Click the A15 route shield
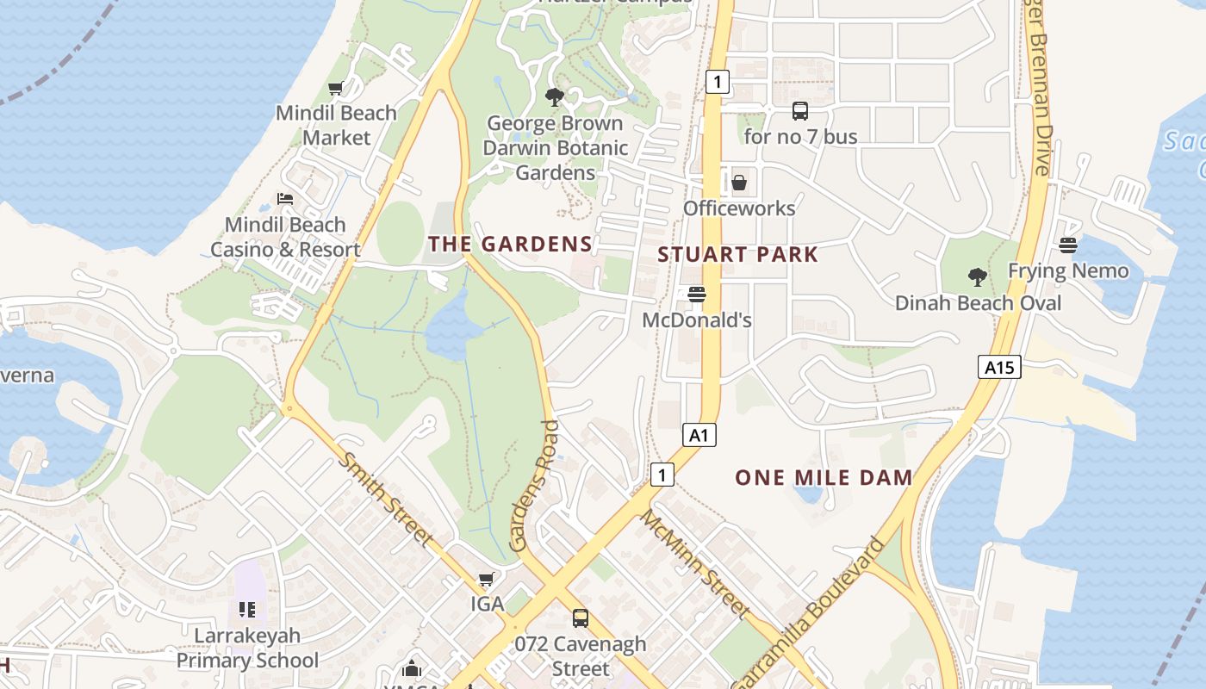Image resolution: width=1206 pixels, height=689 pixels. tap(999, 368)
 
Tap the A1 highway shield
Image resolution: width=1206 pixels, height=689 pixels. tap(699, 435)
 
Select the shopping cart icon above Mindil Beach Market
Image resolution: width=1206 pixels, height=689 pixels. tap(335, 89)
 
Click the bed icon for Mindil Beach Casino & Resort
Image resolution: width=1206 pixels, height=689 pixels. tap(285, 199)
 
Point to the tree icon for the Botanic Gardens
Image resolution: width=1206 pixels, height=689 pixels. tap(555, 97)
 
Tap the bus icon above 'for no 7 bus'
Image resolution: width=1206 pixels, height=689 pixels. tap(800, 111)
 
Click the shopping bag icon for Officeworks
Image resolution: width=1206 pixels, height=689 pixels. tap(738, 183)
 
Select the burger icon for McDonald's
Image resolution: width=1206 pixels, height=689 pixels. tap(697, 295)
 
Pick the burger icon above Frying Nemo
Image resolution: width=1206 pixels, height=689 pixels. tap(1068, 245)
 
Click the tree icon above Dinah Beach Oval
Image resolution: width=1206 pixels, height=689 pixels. tap(977, 277)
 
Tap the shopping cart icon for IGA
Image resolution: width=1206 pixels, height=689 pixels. tap(487, 579)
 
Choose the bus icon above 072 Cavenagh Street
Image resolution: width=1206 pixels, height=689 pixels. tap(581, 618)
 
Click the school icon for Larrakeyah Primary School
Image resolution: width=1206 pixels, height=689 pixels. tap(247, 611)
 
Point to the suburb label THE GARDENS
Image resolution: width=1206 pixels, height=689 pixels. tap(511, 245)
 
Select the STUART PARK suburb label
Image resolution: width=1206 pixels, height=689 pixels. tap(737, 255)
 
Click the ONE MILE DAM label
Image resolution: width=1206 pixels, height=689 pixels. tap(824, 478)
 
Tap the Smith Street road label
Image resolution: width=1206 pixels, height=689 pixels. tap(385, 499)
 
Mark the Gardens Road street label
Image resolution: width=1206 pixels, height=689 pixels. tap(534, 486)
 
